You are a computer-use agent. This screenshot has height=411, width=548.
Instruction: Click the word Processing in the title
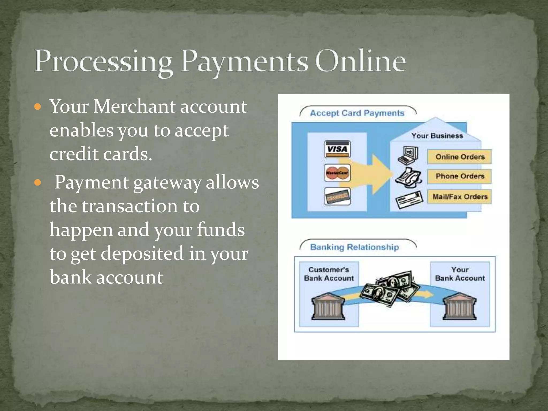click(103, 62)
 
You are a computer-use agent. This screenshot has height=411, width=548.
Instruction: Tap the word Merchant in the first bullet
click(134, 106)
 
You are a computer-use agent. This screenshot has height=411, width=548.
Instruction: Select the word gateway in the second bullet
click(167, 183)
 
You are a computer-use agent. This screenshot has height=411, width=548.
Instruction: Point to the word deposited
click(142, 253)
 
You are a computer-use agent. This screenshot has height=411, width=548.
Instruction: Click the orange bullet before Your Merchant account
click(38, 107)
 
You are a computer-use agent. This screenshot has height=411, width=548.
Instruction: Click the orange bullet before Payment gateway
click(38, 183)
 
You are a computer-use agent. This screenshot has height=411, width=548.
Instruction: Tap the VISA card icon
click(337, 149)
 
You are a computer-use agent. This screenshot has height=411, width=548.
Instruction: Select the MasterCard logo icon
click(337, 173)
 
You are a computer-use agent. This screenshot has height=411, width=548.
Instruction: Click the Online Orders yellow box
click(459, 157)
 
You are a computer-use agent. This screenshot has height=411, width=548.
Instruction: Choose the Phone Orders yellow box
click(459, 176)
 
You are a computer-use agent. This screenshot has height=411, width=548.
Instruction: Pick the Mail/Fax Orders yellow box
click(459, 197)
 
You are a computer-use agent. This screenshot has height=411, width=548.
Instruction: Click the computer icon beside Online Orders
click(408, 155)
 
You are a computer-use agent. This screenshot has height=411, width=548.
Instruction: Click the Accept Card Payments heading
click(357, 113)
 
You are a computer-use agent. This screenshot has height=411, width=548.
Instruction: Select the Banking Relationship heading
click(354, 247)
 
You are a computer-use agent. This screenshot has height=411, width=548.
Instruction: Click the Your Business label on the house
click(437, 136)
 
